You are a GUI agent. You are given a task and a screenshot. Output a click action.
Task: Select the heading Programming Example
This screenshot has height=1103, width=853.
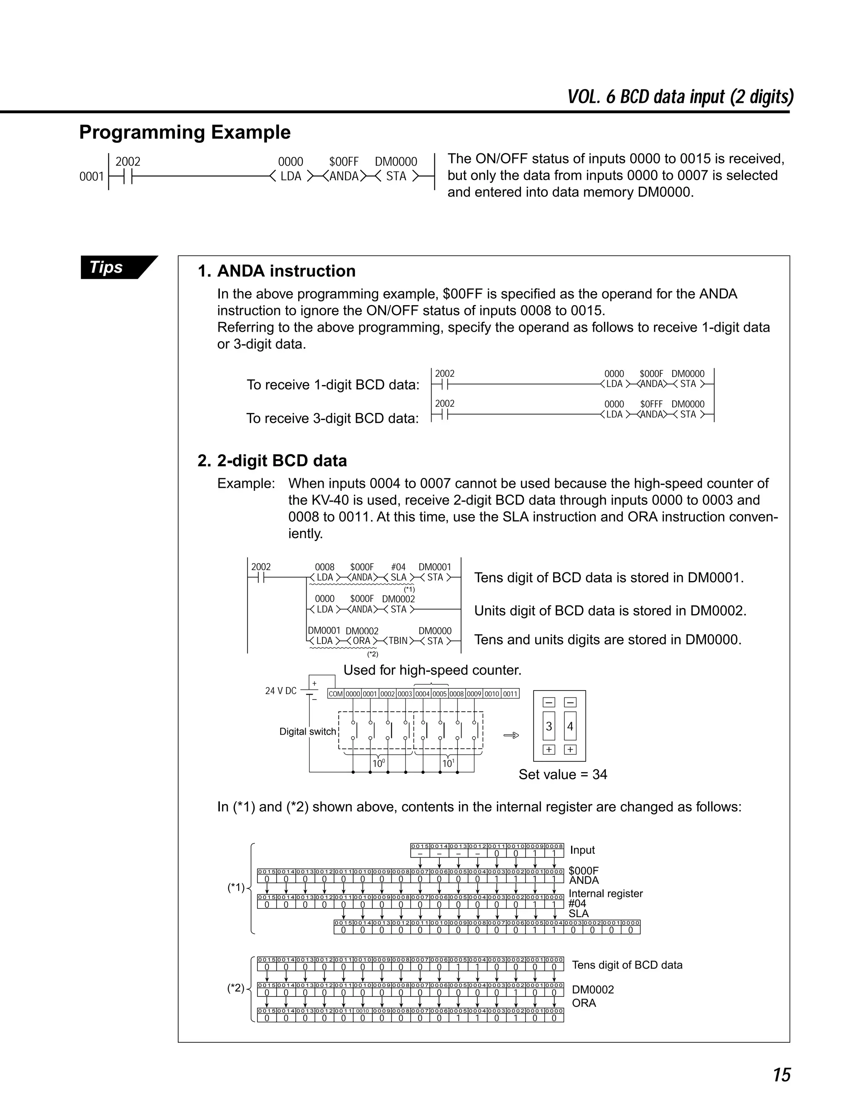(185, 132)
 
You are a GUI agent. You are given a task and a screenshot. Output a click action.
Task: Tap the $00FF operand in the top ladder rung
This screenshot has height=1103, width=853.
(344, 161)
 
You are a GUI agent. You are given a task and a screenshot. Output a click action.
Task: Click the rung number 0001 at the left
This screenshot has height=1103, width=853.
(92, 176)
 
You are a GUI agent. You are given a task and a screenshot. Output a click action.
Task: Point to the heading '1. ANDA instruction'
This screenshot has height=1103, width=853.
(277, 271)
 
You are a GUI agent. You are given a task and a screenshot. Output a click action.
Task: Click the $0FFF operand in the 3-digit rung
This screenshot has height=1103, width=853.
(651, 404)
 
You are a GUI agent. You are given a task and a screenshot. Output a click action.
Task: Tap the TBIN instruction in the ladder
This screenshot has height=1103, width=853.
(398, 641)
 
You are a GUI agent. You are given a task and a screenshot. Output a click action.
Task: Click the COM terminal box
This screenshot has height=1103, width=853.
(336, 694)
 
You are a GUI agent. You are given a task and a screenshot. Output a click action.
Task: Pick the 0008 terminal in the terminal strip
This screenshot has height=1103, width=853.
(457, 694)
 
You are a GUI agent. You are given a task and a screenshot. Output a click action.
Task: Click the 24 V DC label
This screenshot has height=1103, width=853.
(281, 691)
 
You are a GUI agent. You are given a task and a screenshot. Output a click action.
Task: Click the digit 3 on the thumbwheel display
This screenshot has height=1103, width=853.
(549, 726)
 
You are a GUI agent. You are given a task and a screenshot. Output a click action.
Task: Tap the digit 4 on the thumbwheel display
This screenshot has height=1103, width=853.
(570, 726)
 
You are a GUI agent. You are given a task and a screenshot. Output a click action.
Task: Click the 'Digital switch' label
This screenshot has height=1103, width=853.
(307, 731)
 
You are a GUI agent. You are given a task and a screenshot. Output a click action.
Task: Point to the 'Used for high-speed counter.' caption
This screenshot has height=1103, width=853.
(432, 670)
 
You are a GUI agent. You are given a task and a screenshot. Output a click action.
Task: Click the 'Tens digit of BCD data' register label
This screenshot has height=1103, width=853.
(626, 965)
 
